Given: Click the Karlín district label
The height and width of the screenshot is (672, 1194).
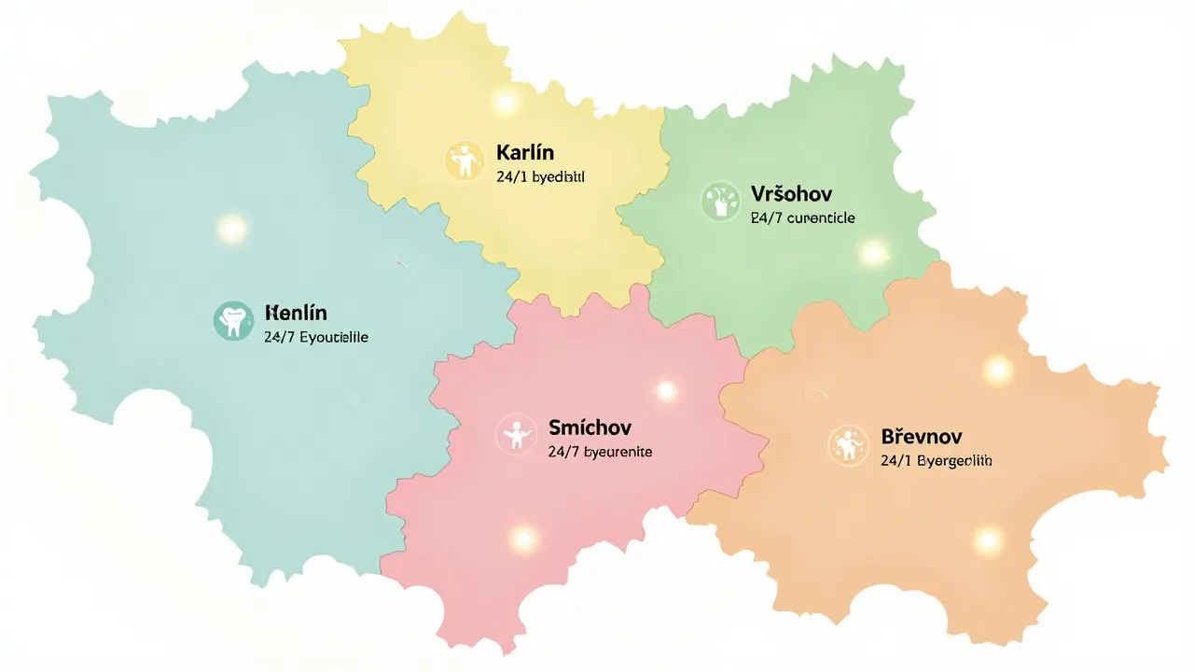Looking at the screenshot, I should [525, 151].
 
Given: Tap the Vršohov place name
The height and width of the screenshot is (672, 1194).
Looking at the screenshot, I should [791, 194].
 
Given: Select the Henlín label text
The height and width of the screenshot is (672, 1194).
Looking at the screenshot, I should [296, 313].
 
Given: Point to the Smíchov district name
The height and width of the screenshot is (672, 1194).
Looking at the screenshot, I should [590, 427].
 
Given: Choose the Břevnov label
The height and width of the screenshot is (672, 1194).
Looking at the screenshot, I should [921, 437].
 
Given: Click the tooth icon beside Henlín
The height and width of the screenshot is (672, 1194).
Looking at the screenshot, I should [233, 320].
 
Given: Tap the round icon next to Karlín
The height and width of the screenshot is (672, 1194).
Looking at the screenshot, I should [464, 160].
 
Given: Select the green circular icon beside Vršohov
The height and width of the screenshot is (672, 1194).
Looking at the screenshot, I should [718, 201].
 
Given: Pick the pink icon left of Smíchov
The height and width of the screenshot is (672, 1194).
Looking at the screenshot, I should [515, 434].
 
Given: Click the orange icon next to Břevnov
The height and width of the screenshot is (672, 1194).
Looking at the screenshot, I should [848, 445].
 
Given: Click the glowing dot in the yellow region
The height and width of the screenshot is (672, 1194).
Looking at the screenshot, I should [505, 102].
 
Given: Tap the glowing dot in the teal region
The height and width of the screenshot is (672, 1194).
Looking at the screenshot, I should [230, 227].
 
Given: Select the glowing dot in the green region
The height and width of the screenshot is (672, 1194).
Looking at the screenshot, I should [873, 252].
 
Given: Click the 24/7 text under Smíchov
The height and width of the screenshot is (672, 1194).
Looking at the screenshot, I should [562, 452].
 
